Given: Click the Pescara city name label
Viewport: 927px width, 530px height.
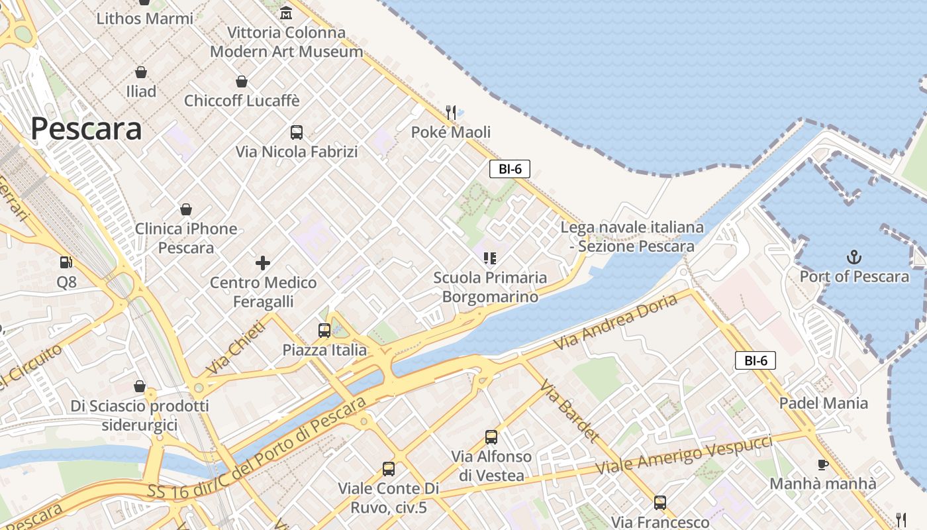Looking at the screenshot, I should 86,129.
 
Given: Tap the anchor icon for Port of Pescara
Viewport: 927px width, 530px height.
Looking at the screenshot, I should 854,256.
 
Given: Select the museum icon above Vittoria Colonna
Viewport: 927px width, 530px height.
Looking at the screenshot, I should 286,13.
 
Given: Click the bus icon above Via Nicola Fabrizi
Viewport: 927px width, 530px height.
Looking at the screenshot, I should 297,132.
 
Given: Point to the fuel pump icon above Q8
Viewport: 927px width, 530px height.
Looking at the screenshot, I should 66,263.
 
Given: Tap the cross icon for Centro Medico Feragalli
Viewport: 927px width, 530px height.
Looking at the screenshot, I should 263,263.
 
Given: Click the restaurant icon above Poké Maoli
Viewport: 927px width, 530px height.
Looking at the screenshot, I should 451,113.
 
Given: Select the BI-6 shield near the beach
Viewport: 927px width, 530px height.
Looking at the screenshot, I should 510,169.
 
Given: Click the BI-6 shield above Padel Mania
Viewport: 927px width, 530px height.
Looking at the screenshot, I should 756,360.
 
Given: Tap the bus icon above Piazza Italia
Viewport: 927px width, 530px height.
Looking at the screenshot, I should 324,331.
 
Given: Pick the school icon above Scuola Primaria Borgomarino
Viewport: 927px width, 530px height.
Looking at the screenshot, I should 490,258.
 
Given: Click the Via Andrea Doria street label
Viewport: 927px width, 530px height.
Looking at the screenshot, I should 616,323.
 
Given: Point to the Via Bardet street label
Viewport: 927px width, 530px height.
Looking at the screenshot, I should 569,411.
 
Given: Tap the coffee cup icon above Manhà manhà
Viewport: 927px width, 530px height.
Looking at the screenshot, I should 823,464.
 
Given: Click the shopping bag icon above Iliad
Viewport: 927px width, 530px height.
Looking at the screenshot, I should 141,72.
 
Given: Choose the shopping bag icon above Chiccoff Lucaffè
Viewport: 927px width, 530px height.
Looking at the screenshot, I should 242,81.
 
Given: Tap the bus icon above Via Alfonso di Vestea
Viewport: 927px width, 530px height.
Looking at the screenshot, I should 491,437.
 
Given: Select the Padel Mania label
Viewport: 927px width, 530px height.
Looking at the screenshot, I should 823,403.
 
